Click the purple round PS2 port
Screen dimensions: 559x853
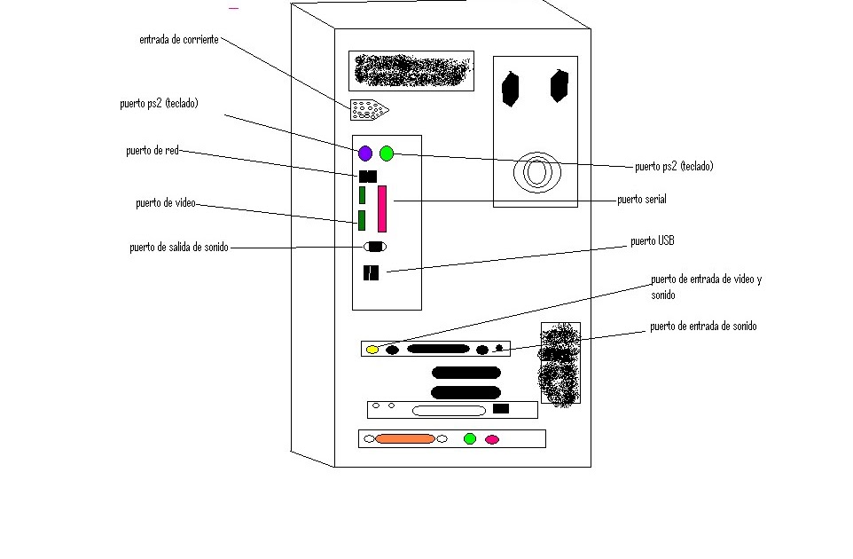pyautogui.click(x=365, y=154)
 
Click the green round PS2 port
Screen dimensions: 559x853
pyautogui.click(x=387, y=154)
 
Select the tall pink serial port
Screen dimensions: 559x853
pyautogui.click(x=383, y=209)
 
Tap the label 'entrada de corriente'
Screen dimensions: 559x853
pyautogui.click(x=179, y=40)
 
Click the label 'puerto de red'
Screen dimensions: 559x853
pyautogui.click(x=153, y=151)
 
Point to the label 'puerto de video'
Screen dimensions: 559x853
pyautogui.click(x=165, y=203)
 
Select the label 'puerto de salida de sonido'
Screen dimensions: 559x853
pyautogui.click(x=178, y=248)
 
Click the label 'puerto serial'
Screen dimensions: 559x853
pyautogui.click(x=642, y=200)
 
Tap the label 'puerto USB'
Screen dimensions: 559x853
pyautogui.click(x=653, y=240)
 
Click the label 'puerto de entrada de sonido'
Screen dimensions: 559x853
pyautogui.click(x=703, y=327)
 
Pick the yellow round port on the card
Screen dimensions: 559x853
pyautogui.click(x=372, y=350)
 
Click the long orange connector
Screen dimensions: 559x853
pyautogui.click(x=405, y=438)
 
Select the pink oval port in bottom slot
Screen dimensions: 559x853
pyautogui.click(x=492, y=439)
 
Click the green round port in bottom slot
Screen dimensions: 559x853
pyautogui.click(x=470, y=438)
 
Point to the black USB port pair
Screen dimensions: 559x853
pyautogui.click(x=371, y=273)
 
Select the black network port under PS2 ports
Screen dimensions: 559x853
pyautogui.click(x=368, y=177)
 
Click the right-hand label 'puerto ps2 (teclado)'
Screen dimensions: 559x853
pyautogui.click(x=674, y=166)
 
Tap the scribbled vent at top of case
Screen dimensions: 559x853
pyautogui.click(x=411, y=70)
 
